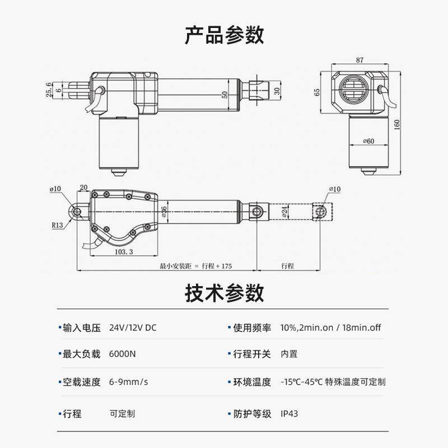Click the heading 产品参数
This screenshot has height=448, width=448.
(x=224, y=35)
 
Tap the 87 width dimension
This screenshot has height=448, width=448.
(x=359, y=59)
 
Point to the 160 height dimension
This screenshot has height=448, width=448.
(x=397, y=124)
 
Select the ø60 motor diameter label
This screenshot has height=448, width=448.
(x=368, y=141)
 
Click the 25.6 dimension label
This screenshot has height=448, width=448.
(x=49, y=90)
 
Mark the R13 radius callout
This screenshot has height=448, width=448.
(x=57, y=225)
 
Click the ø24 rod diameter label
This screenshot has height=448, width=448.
(x=284, y=212)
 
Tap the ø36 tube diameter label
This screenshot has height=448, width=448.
(x=164, y=212)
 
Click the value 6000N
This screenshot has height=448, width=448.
(x=122, y=354)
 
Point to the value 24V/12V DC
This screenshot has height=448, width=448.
(x=133, y=328)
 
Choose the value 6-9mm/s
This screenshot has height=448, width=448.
(x=128, y=382)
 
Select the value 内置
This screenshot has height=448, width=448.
(x=289, y=354)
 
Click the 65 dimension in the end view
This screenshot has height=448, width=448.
(x=318, y=92)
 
